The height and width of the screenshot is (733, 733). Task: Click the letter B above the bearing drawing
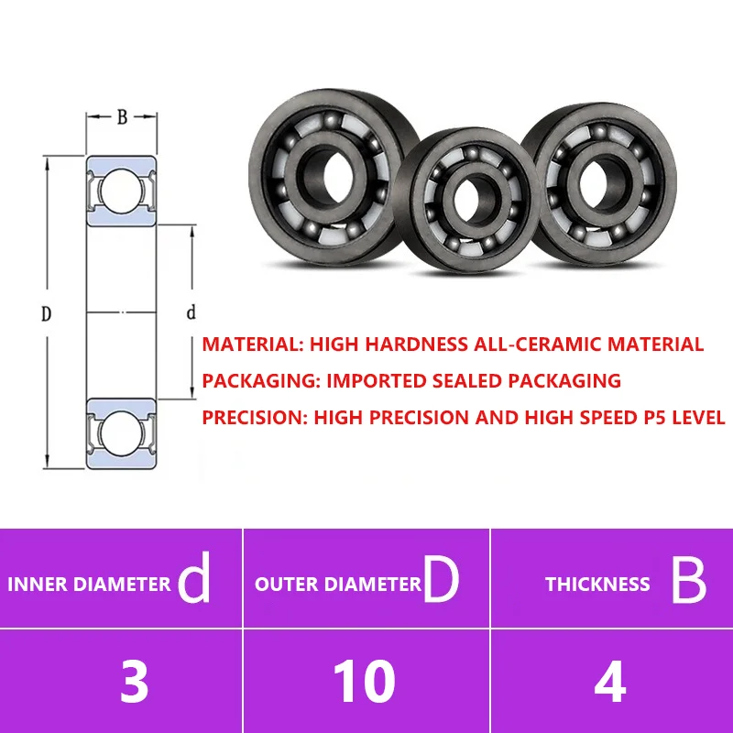[122, 117]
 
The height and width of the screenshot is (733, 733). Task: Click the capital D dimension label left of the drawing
[46, 313]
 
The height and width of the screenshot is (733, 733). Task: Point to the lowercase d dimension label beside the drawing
[191, 312]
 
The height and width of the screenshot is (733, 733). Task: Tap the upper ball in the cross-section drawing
[121, 191]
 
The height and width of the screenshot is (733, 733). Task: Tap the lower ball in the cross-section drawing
[121, 432]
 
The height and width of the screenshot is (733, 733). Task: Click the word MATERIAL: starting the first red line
[253, 345]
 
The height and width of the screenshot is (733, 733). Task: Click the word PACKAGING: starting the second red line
[261, 381]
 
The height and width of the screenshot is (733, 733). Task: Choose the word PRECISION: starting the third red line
[255, 418]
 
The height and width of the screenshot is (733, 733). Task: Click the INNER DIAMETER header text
[89, 585]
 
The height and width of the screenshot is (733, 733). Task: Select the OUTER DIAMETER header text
[338, 585]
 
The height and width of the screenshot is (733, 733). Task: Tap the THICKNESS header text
[597, 585]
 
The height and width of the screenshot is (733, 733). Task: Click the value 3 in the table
[134, 682]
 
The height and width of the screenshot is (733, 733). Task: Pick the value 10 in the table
[364, 682]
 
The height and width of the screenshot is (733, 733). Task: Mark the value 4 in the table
[609, 682]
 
